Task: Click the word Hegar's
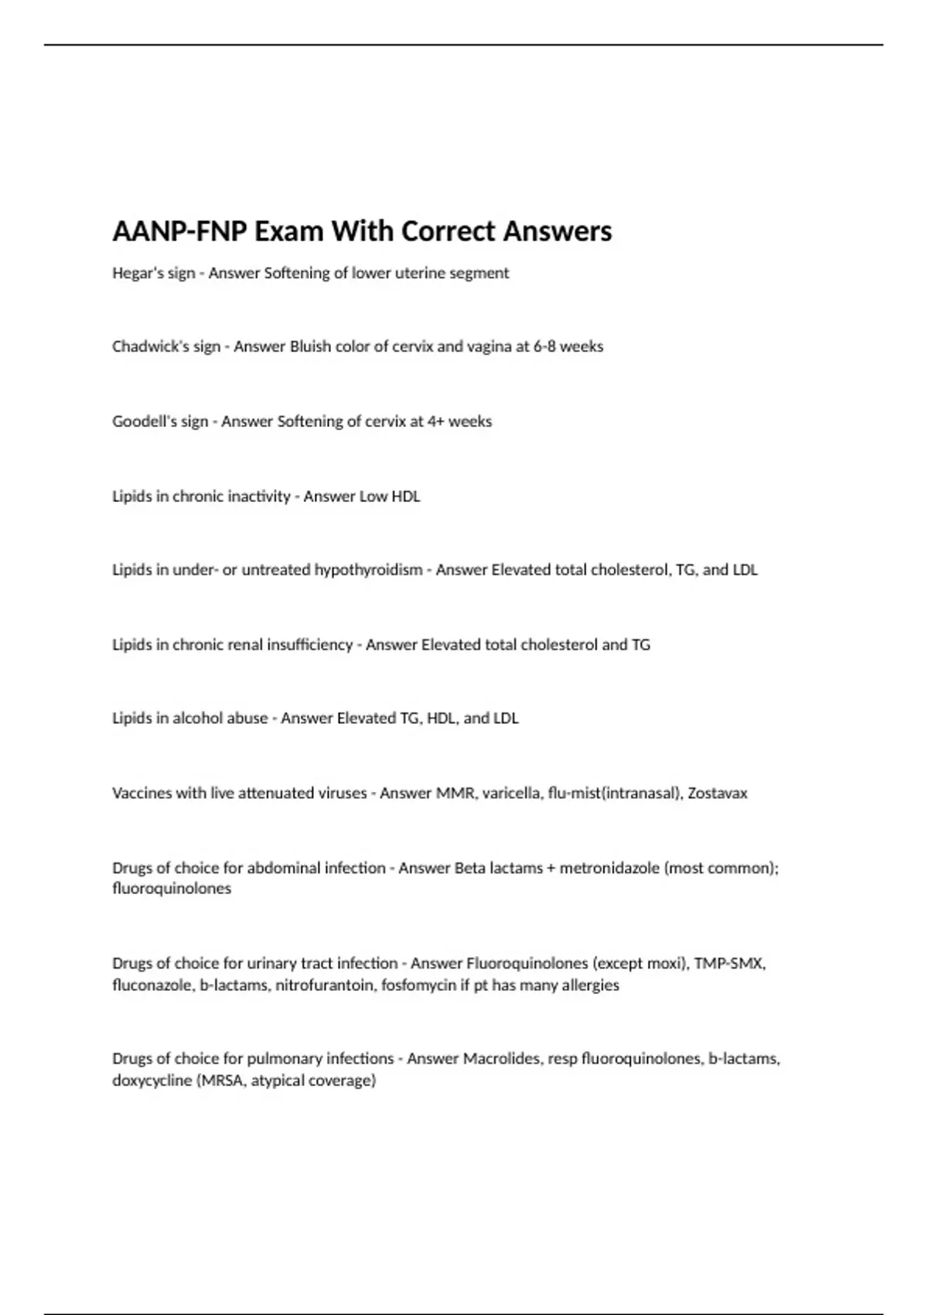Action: click(133, 273)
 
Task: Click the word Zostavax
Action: click(718, 793)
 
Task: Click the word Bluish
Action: click(310, 347)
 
